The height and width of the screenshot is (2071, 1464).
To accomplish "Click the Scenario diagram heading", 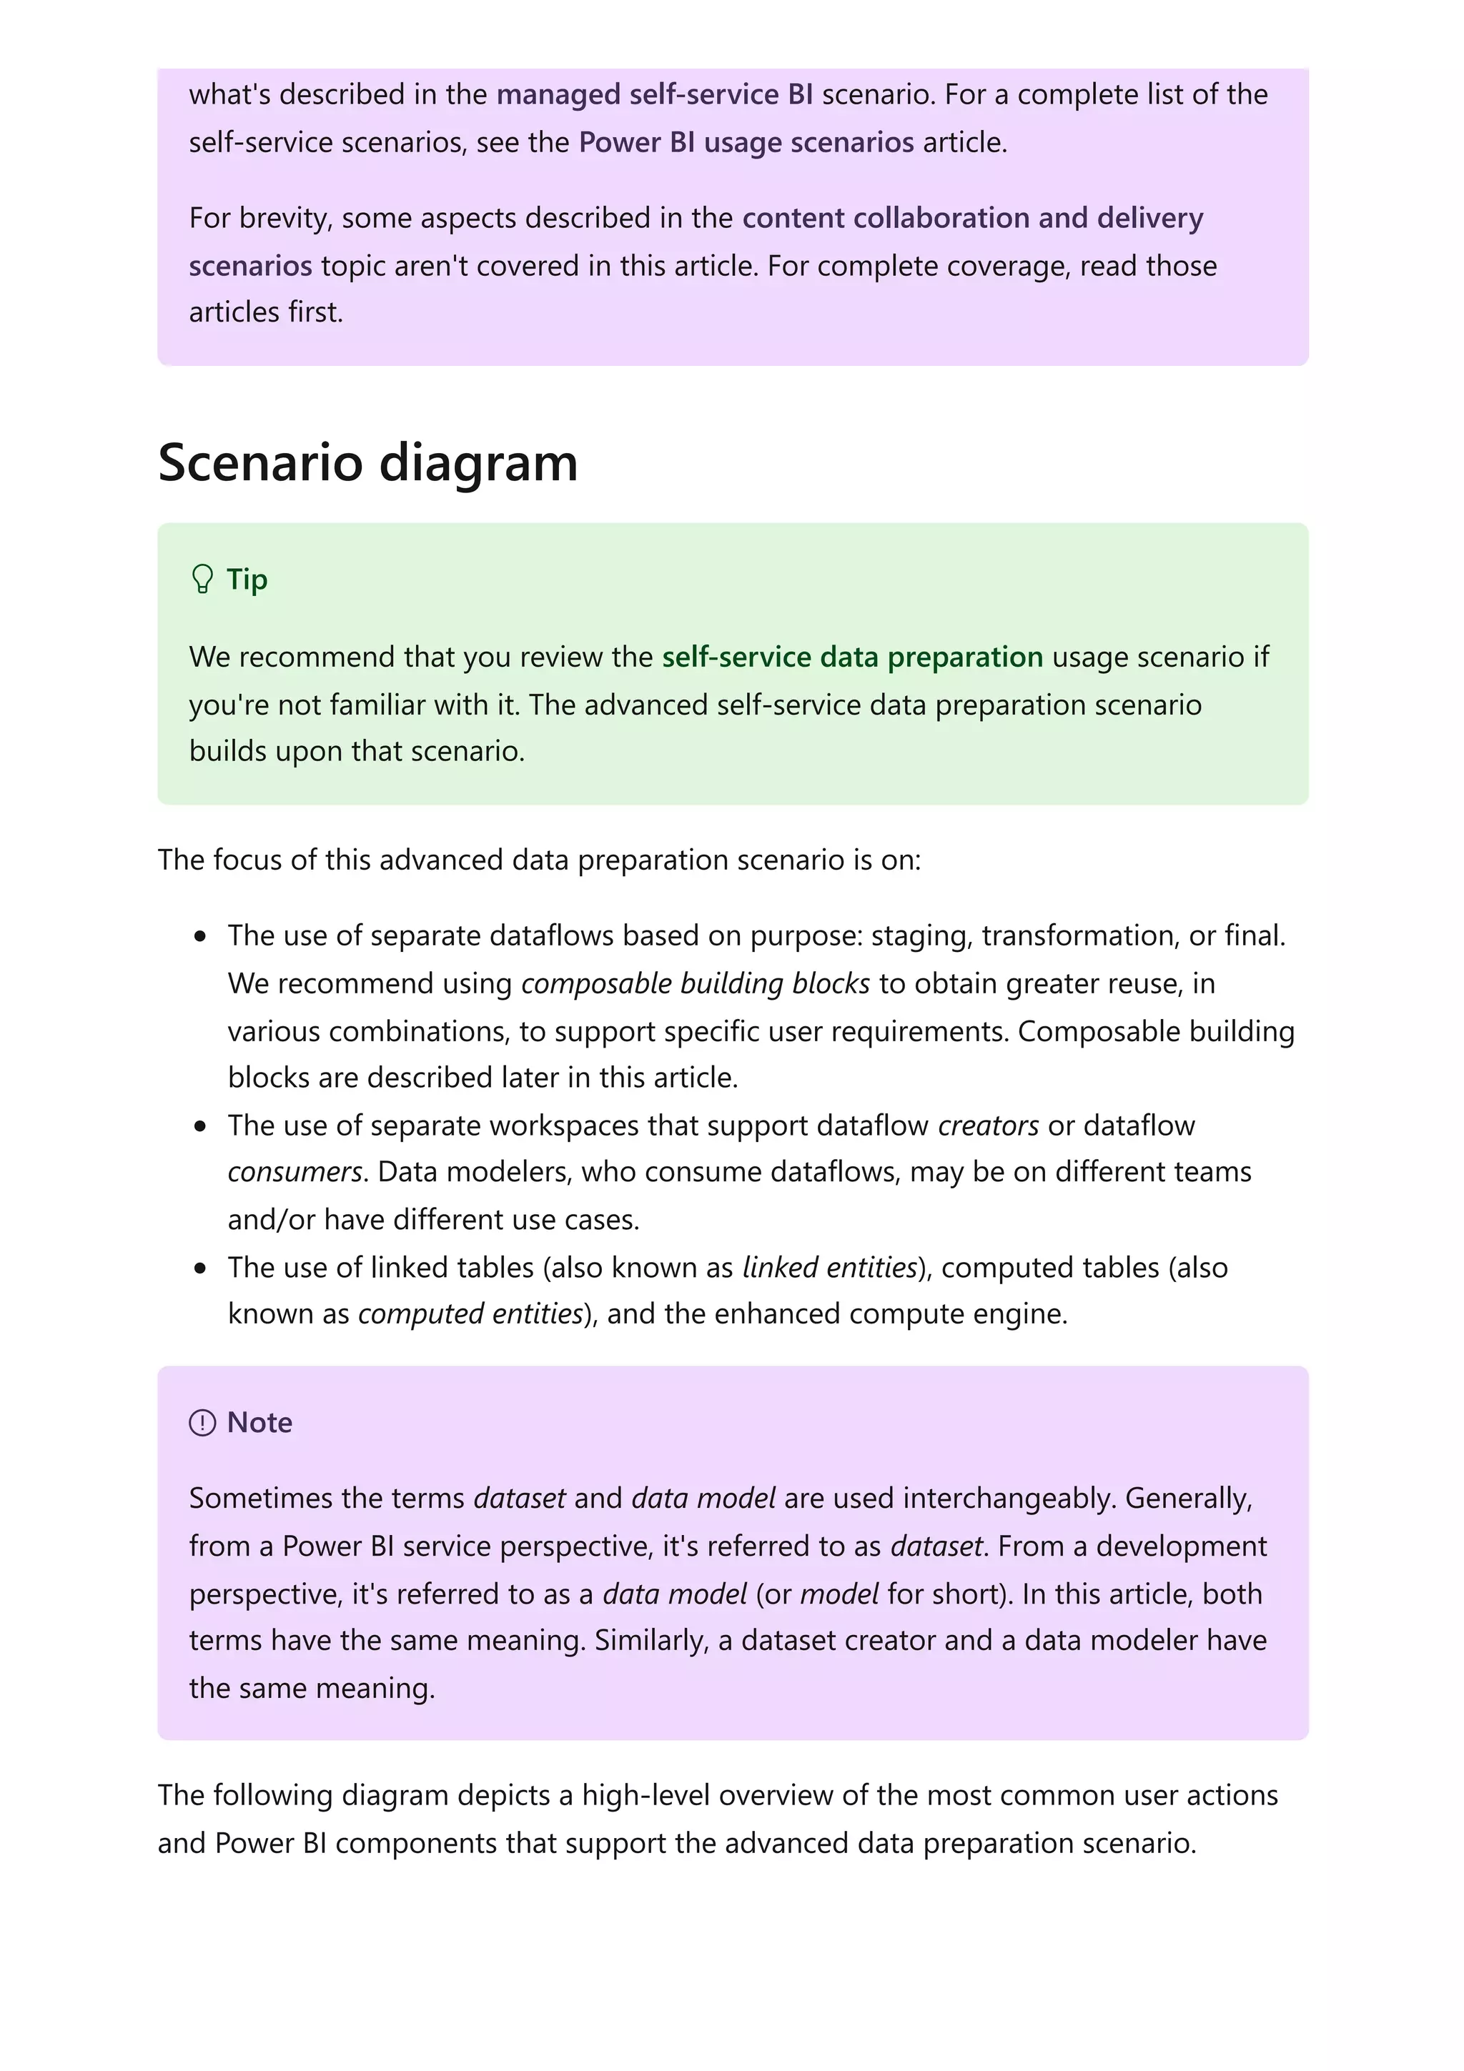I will [367, 463].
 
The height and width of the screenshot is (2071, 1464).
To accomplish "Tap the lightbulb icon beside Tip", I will [202, 579].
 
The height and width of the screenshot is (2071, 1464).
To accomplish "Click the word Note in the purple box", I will [259, 1422].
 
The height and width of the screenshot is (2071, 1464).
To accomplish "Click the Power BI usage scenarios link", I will [746, 142].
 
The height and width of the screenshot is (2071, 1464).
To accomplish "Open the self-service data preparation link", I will [851, 657].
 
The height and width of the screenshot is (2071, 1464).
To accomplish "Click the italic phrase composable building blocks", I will [695, 983].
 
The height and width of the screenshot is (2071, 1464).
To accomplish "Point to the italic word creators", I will [988, 1126].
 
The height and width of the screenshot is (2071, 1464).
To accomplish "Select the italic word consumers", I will [294, 1172].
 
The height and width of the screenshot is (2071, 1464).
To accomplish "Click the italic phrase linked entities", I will [829, 1267].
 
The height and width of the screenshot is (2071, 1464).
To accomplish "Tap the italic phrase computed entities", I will [470, 1313].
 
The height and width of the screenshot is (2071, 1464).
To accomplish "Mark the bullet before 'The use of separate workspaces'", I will [200, 1126].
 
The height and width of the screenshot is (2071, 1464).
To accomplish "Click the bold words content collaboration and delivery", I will [972, 218].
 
